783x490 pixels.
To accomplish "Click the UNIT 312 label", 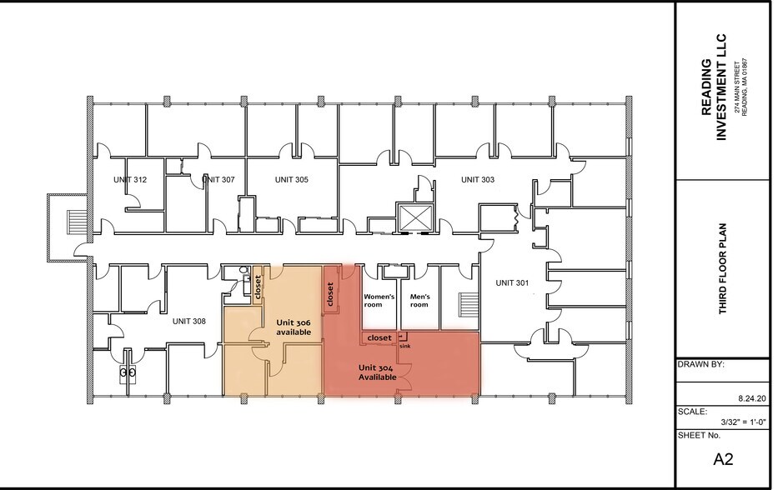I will (131, 180).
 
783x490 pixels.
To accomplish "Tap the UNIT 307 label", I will (218, 180).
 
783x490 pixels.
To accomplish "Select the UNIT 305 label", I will (291, 180).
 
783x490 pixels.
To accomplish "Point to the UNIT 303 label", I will (478, 180).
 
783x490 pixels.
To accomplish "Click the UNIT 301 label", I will (511, 283).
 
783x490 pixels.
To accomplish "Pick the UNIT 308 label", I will (189, 321).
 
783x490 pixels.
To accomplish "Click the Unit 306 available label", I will (294, 327).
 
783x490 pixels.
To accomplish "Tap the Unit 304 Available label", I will (377, 372).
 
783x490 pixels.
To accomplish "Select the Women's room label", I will (379, 300).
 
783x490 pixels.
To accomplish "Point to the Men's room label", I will (419, 300).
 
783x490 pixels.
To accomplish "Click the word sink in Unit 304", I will (405, 344).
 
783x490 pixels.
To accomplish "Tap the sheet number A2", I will (722, 458).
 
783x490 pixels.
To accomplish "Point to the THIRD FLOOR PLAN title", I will (723, 269).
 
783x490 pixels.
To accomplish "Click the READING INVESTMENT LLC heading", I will (713, 88).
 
